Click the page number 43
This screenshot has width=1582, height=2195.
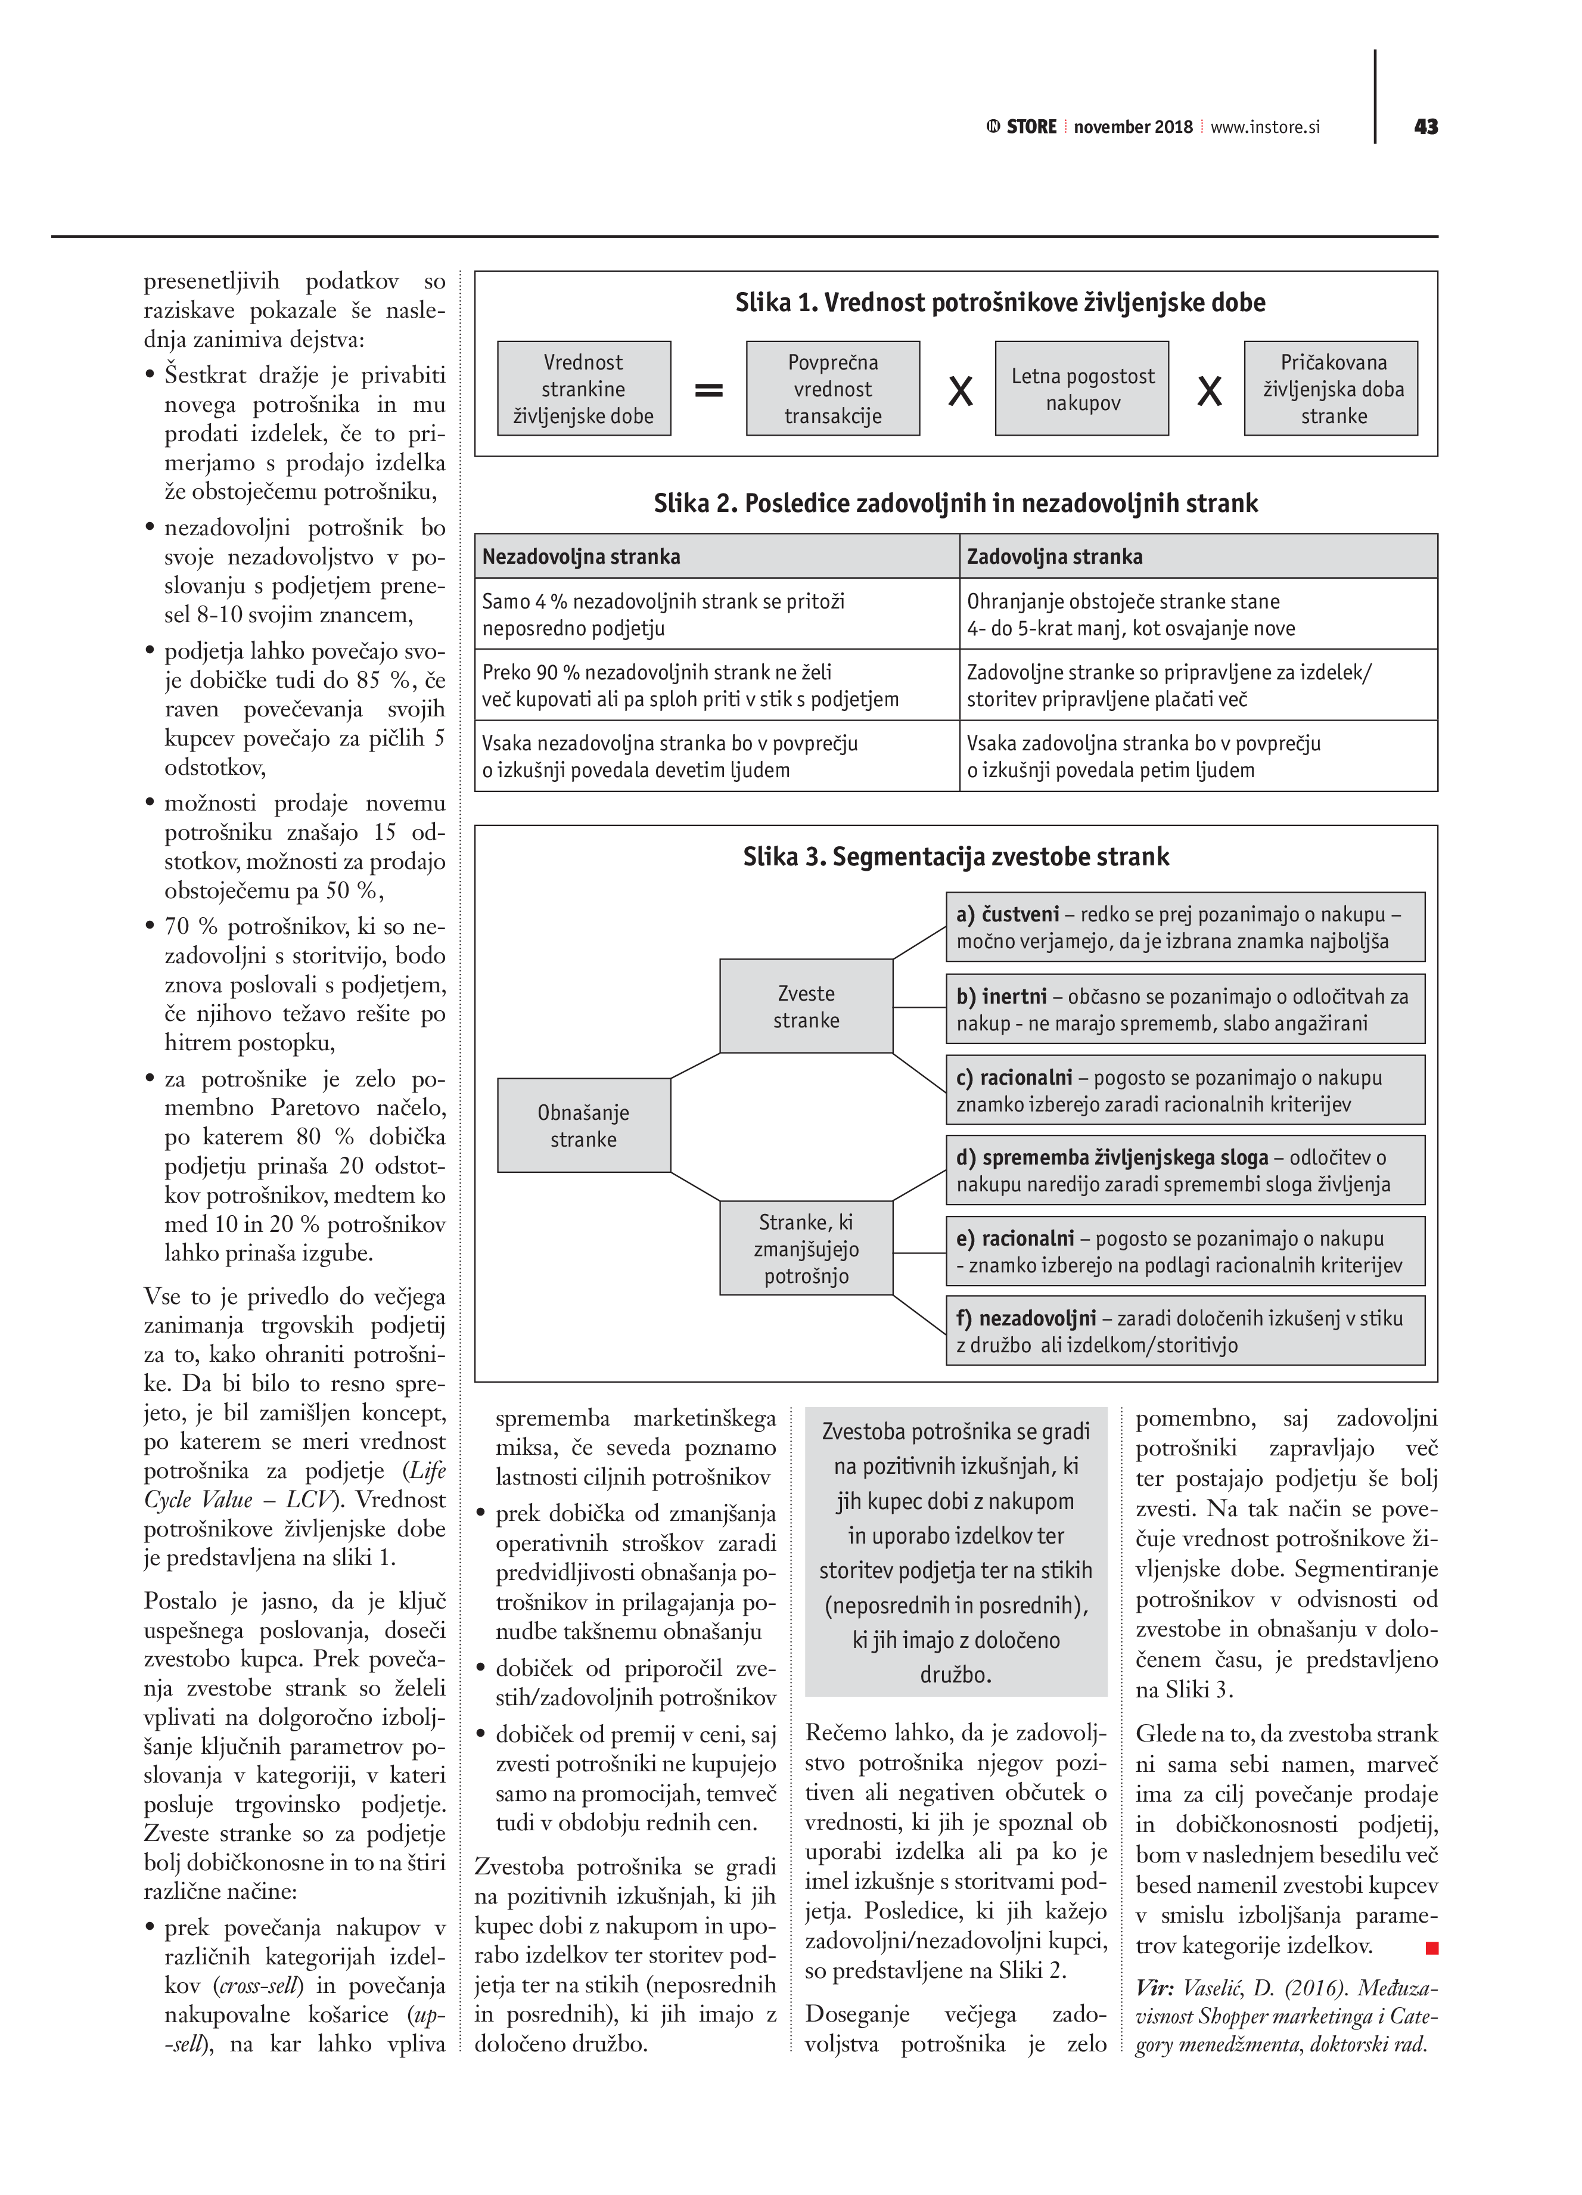coord(1425,127)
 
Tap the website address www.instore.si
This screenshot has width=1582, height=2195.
coord(1264,127)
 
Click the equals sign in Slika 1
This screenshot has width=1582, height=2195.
coord(708,390)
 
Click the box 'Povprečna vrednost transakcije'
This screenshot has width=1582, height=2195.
coord(832,389)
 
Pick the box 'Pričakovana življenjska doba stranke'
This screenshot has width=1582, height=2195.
coord(1331,389)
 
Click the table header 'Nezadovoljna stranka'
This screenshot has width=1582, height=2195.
coord(582,557)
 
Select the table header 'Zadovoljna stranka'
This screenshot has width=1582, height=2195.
coord(1055,557)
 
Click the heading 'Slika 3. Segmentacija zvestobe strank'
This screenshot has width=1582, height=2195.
coord(956,856)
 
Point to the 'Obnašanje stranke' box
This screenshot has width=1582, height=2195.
coord(583,1126)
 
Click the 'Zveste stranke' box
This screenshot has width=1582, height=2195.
coord(806,1007)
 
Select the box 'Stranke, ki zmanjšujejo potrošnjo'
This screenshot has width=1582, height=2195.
coord(806,1249)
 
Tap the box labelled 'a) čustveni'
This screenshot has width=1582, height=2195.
coord(1185,927)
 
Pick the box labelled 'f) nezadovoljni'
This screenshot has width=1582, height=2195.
coord(1185,1331)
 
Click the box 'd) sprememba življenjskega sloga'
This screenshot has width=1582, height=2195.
coord(1185,1170)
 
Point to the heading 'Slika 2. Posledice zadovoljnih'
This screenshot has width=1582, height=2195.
coord(956,503)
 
